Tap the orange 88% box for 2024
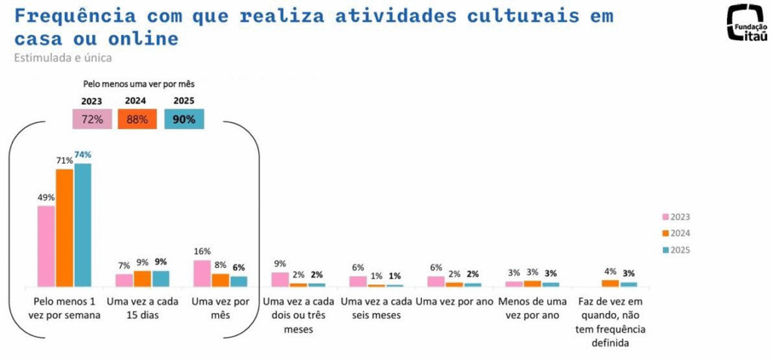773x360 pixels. click(137, 119)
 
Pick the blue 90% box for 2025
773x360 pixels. click(183, 119)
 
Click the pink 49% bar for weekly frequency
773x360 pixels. click(46, 246)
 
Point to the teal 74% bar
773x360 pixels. click(82, 225)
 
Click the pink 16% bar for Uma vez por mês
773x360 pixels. click(202, 273)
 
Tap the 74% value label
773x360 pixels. click(82, 155)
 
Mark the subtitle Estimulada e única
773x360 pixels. click(63, 57)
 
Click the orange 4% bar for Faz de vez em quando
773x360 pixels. click(610, 283)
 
